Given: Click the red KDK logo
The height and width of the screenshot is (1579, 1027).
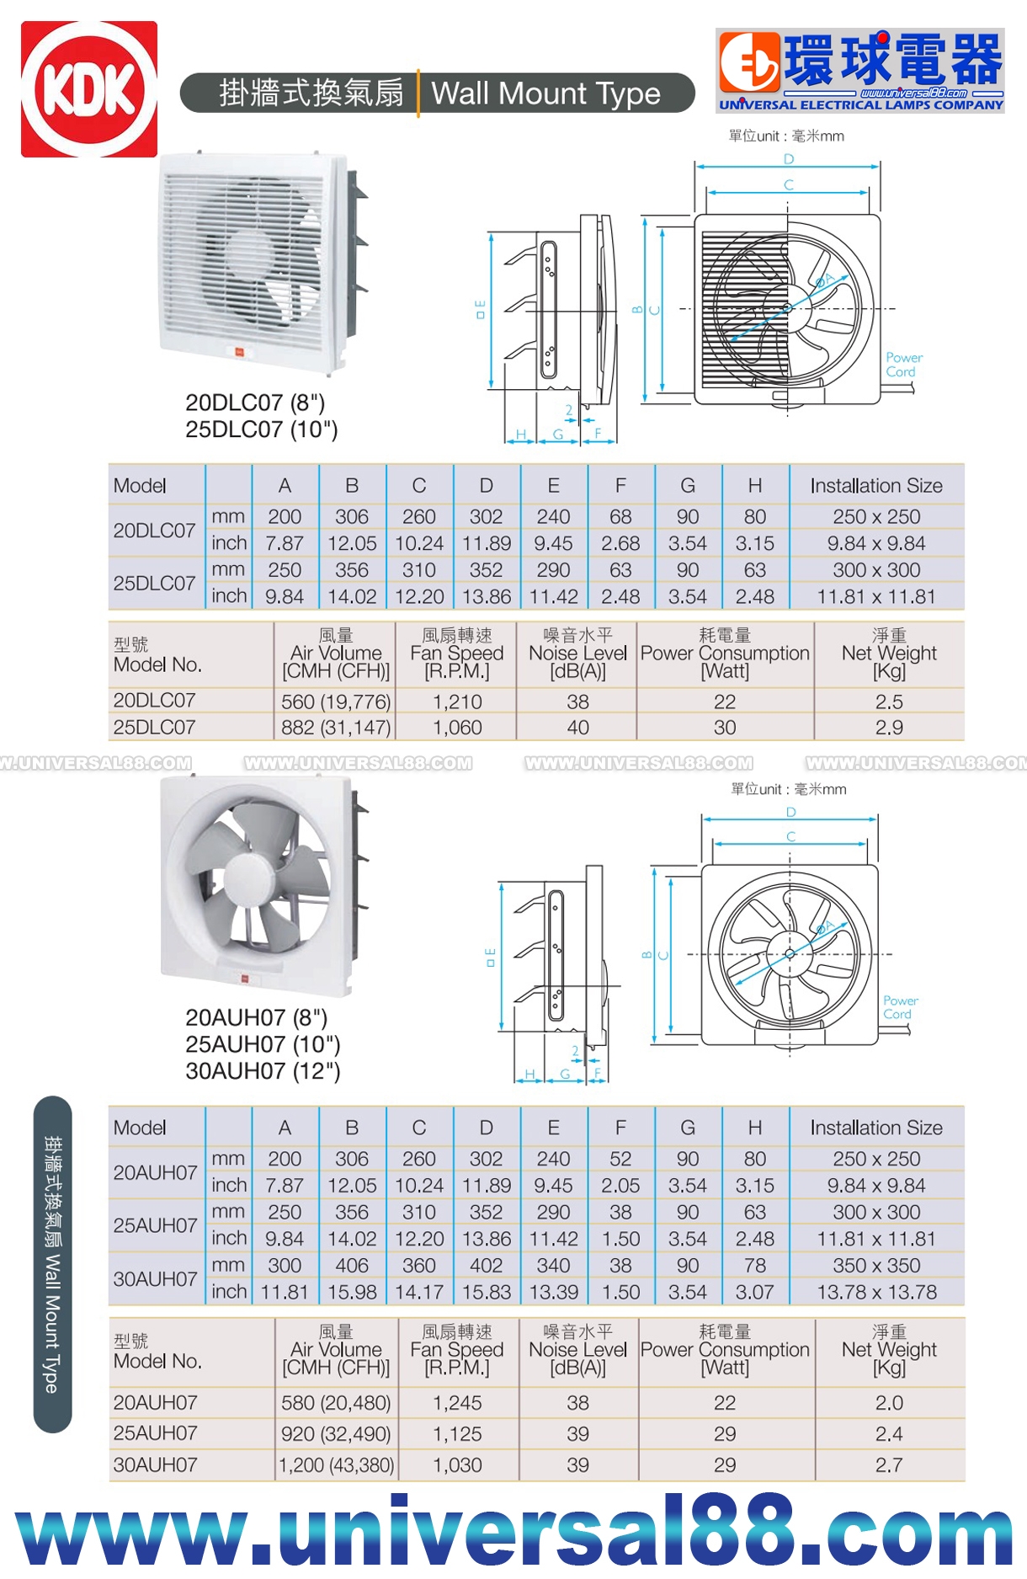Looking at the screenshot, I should [89, 89].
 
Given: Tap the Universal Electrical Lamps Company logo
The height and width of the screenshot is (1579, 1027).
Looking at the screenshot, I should [860, 71].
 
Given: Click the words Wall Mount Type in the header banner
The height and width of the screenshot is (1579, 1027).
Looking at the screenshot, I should [545, 93].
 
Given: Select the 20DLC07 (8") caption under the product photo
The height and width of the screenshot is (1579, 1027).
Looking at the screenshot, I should [255, 403].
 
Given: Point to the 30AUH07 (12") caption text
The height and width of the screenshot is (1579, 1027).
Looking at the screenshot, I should [263, 1071].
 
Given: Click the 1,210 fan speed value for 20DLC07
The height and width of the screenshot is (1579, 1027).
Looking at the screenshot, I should [457, 701].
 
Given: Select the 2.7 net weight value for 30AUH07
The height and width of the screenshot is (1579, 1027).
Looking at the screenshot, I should [889, 1464].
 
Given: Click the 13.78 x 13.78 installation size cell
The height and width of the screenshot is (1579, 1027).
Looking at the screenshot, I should [876, 1292].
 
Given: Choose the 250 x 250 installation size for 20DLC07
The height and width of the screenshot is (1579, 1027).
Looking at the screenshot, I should [876, 516].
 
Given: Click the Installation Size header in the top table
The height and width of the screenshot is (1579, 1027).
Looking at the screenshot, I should [876, 486].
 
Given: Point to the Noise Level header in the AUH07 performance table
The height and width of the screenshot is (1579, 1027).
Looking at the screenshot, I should [577, 1349].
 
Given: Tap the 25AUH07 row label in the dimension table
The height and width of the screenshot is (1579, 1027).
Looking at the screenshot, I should [155, 1225].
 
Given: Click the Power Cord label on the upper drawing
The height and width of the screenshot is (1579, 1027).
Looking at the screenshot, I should [903, 365].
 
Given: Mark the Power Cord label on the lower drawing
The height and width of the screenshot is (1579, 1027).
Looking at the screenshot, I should [900, 1007].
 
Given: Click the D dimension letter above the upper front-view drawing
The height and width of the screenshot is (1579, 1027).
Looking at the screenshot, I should [789, 159].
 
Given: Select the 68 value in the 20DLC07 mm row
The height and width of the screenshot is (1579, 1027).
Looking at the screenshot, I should [620, 516].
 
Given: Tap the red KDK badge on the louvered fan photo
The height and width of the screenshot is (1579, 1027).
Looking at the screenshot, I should [239, 352].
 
